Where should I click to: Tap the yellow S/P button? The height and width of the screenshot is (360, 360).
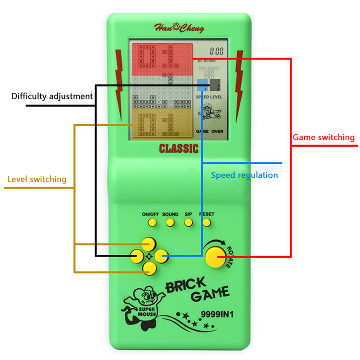pos(189,222)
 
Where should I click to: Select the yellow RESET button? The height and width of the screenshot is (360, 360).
pos(207,222)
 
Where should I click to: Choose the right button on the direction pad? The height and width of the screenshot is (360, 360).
pos(161,256)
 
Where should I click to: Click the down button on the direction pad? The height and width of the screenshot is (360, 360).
pos(149,269)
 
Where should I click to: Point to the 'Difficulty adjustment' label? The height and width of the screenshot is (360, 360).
pos(52,96)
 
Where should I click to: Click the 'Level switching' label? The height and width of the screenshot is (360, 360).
pos(37,179)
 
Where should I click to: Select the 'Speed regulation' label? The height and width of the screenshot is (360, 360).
pos(244,175)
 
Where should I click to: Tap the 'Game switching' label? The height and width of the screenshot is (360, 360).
pos(324,137)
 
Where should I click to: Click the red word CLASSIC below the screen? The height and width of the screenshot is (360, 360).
pos(179,148)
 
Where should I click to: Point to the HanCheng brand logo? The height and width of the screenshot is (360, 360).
pos(179,29)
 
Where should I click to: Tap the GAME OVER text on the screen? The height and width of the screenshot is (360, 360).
pos(210,131)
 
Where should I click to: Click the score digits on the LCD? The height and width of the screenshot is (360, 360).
pos(216,51)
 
